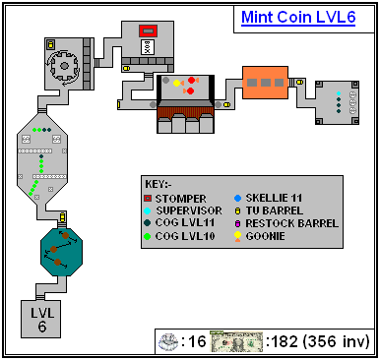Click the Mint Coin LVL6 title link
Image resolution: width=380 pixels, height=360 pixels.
click(x=298, y=17)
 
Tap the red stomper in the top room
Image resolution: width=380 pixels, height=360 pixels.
click(x=148, y=30)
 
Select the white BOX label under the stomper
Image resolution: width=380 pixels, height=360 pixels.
click(x=148, y=47)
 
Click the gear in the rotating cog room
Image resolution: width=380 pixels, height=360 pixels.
click(x=64, y=67)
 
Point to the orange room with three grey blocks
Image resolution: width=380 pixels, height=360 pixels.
click(x=265, y=83)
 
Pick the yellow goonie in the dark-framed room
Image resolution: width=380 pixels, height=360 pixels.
click(x=177, y=83)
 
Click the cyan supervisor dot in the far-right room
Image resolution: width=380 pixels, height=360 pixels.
click(x=339, y=93)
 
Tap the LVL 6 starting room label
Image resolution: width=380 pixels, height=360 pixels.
click(x=42, y=320)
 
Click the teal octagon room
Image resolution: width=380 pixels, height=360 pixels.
click(x=61, y=252)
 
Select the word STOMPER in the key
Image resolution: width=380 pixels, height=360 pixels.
click(x=180, y=199)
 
